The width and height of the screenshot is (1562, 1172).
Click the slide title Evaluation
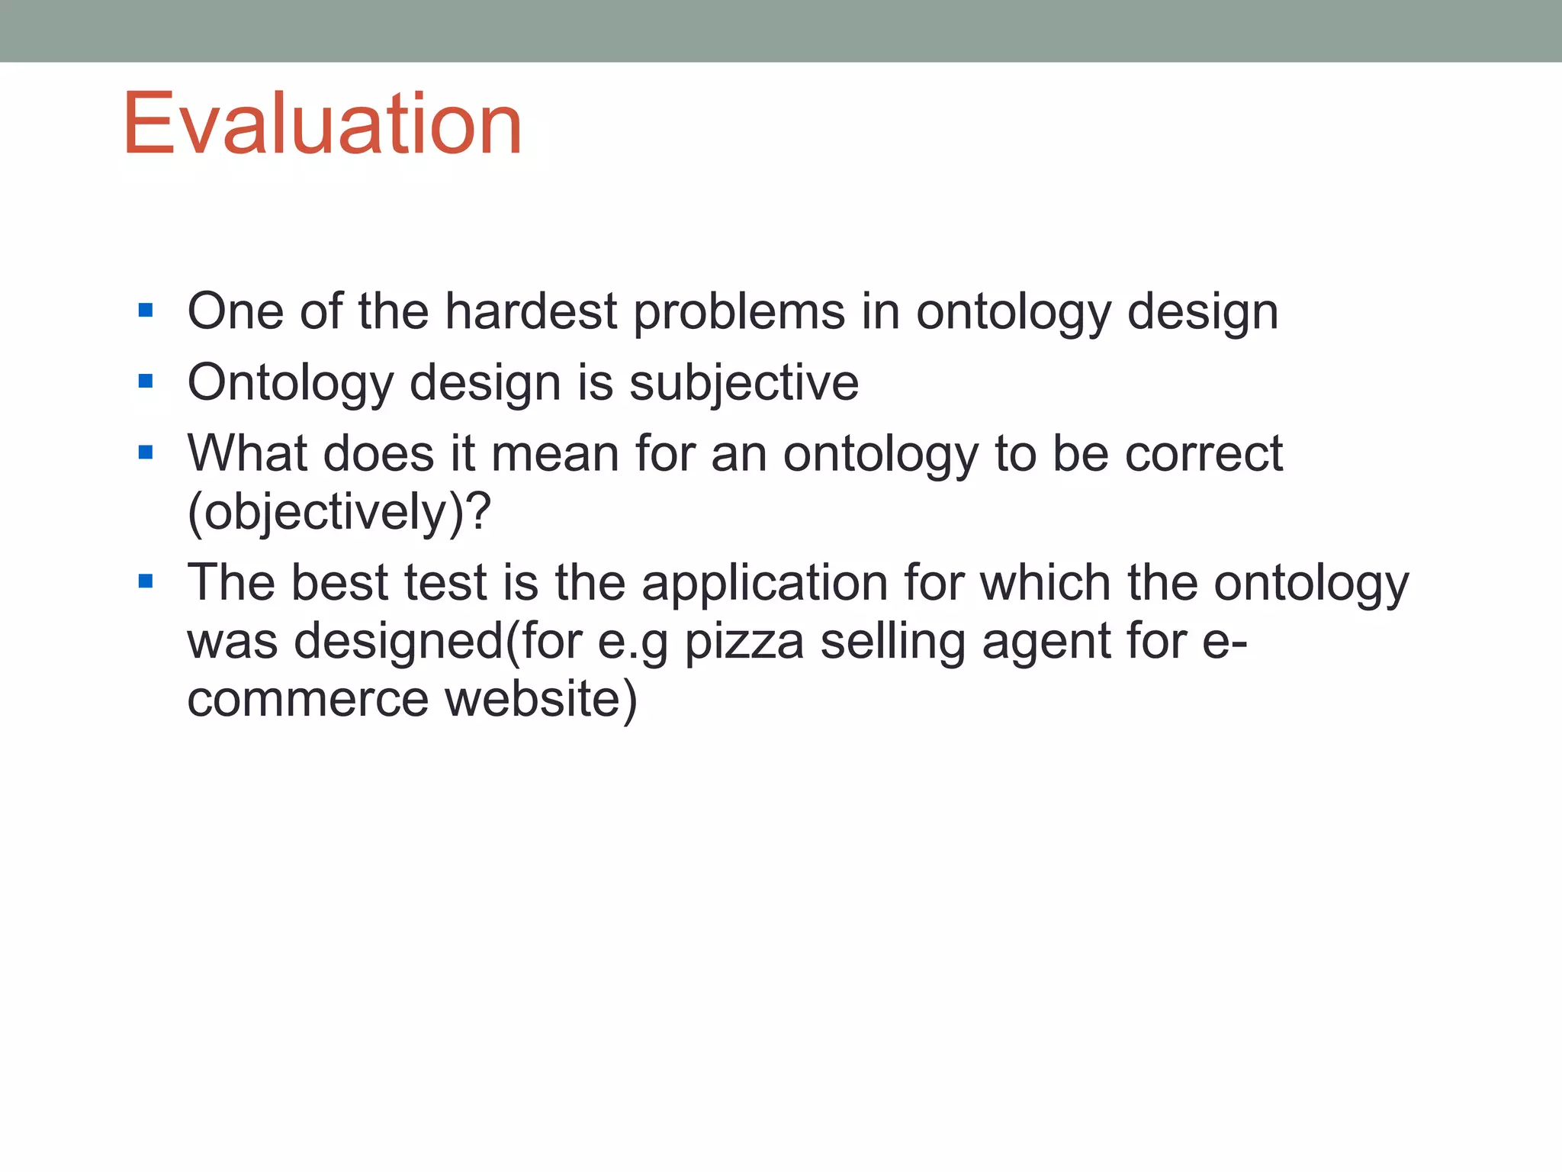pyautogui.click(x=322, y=124)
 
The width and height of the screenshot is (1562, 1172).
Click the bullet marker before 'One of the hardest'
pyautogui.click(x=146, y=311)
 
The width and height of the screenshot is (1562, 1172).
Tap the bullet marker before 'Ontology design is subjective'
pyautogui.click(x=146, y=381)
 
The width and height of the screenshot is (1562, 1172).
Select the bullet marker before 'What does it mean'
pyautogui.click(x=146, y=452)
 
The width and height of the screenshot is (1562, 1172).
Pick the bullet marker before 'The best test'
pyautogui.click(x=146, y=582)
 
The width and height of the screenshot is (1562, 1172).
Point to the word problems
pyautogui.click(x=739, y=313)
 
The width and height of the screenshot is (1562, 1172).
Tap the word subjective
pyautogui.click(x=744, y=383)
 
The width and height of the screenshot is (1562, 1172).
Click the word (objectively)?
pyautogui.click(x=339, y=513)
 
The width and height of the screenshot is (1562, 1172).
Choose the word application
pyautogui.click(x=764, y=584)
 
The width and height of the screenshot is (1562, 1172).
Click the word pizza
pyautogui.click(x=744, y=642)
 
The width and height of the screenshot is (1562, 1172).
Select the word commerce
pyautogui.click(x=308, y=700)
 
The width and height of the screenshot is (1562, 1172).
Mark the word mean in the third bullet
pyautogui.click(x=555, y=454)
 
